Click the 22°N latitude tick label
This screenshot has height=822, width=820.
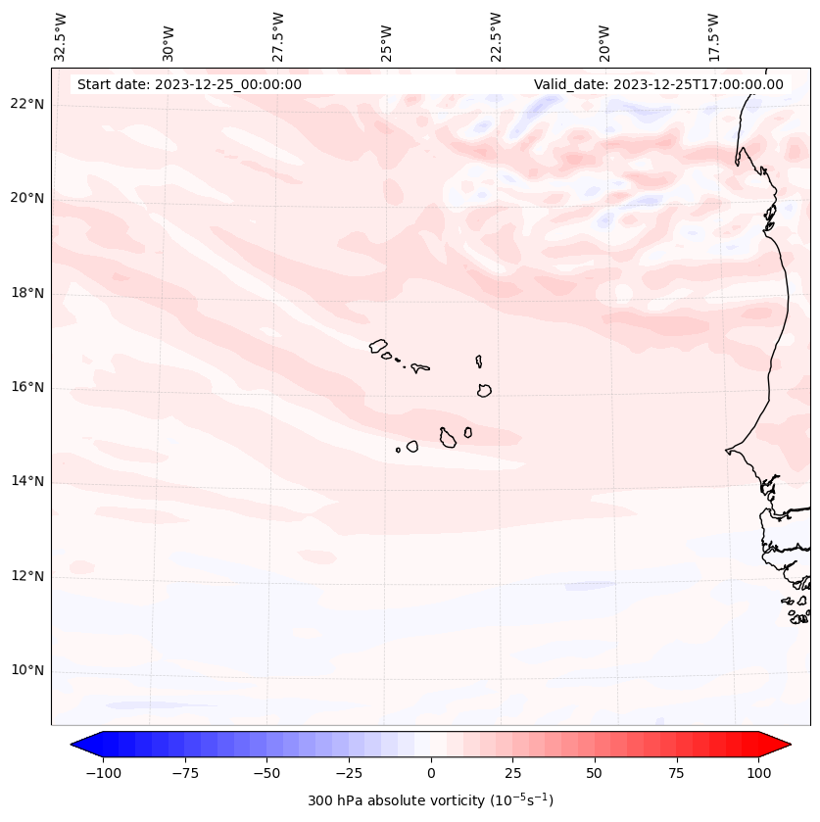pos(26,104)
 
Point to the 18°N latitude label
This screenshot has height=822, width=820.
pos(26,293)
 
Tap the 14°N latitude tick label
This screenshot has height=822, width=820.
pos(26,481)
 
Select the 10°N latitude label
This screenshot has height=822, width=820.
pos(26,670)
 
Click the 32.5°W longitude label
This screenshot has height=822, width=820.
pos(61,36)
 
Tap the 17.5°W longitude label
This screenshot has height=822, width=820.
pos(713,36)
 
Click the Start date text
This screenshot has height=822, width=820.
pos(189,84)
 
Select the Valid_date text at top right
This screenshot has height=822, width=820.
pos(658,84)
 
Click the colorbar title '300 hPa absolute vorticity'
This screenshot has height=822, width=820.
pos(430,800)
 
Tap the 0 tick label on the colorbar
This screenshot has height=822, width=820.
pos(431,773)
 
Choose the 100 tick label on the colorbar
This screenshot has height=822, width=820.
pos(758,773)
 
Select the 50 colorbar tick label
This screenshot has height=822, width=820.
pos(595,773)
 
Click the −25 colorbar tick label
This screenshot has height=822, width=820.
pos(349,773)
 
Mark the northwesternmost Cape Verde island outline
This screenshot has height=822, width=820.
pos(378,345)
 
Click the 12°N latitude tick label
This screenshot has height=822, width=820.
pos(26,576)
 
